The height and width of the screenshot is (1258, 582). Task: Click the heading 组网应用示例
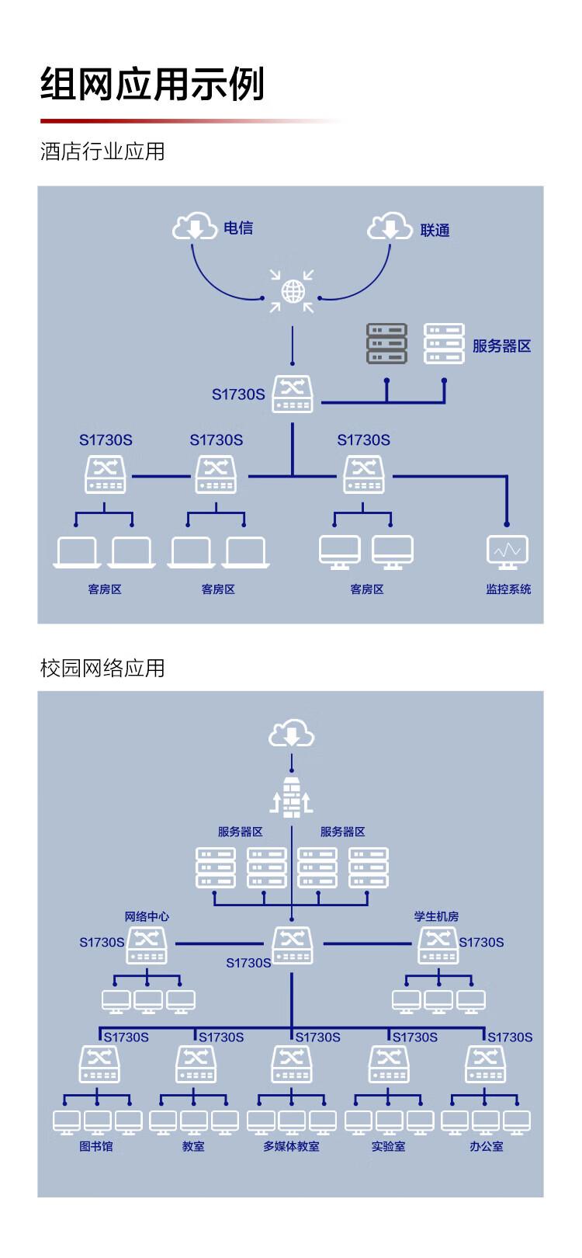(x=152, y=84)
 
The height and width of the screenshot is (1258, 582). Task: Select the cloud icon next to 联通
(x=390, y=227)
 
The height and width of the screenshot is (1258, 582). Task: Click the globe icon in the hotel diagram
(x=293, y=291)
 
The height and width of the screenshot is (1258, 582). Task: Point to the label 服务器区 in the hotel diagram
(x=501, y=346)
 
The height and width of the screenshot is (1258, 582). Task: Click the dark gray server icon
(x=386, y=344)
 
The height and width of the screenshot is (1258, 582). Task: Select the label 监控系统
(x=508, y=589)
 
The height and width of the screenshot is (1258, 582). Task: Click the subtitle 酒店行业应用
(x=102, y=151)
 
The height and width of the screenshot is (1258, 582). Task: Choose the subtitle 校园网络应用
(x=102, y=668)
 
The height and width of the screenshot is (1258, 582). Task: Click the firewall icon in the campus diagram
(x=292, y=797)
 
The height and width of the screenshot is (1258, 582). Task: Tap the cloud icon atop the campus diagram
(x=292, y=734)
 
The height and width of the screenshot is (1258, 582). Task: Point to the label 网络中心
(x=147, y=916)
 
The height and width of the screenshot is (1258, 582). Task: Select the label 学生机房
(x=436, y=916)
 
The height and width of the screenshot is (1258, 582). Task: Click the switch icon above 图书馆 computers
(x=99, y=1064)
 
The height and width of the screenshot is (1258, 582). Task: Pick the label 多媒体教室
(x=291, y=1146)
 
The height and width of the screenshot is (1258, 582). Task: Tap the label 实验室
(x=388, y=1146)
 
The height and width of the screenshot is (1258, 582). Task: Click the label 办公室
(x=486, y=1146)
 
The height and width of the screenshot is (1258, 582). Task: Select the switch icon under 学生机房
(x=438, y=945)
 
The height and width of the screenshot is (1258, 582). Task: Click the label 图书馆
(x=96, y=1146)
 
